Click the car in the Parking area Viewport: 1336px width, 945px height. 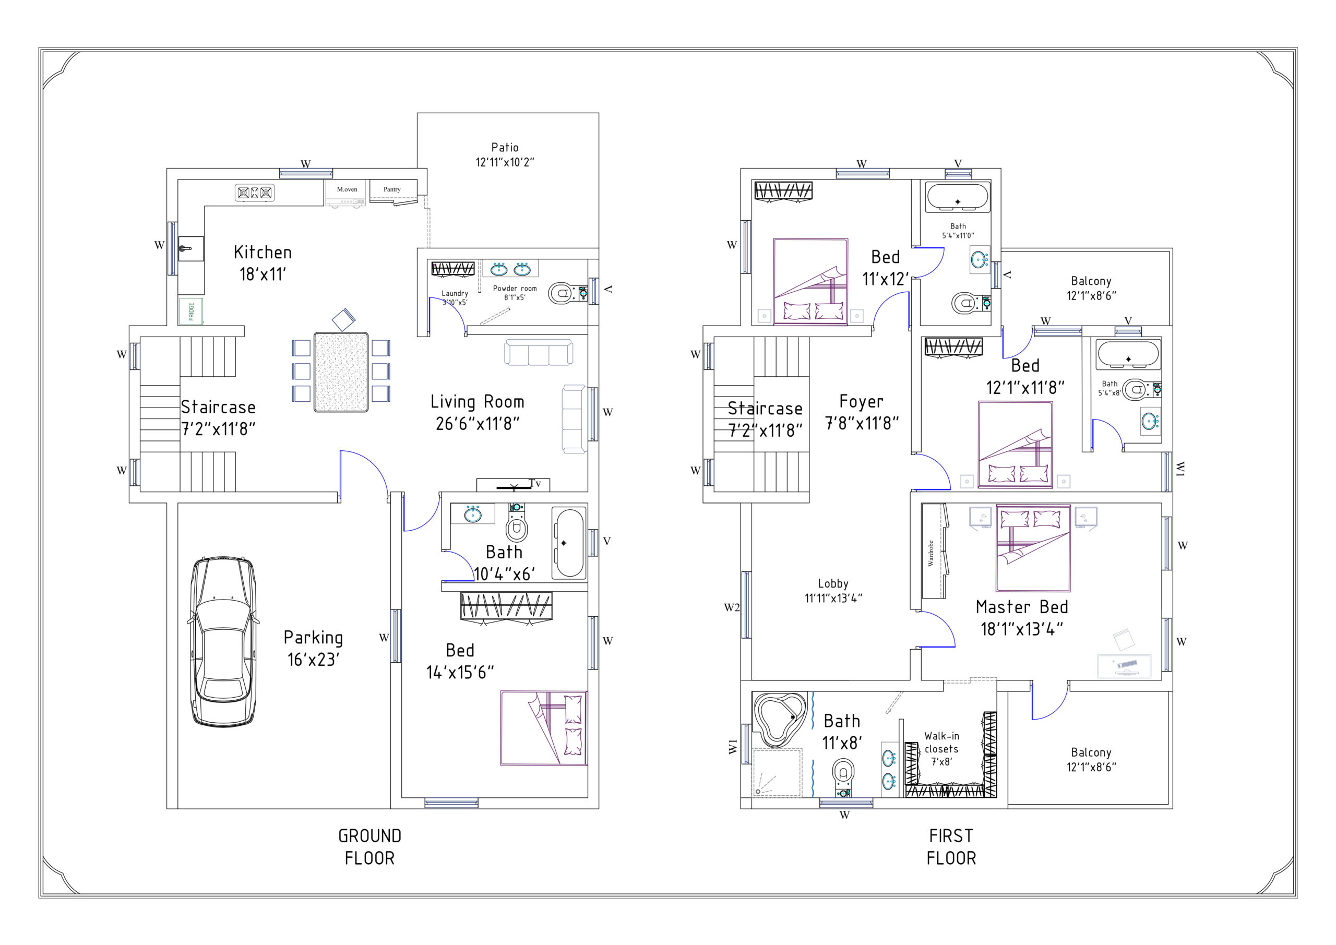pyautogui.click(x=223, y=641)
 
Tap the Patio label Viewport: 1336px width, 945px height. pyautogui.click(x=505, y=148)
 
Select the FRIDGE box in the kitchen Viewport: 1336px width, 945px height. pyautogui.click(x=191, y=312)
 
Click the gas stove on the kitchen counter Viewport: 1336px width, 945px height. pyautogui.click(x=254, y=193)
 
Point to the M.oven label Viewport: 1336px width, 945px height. pyautogui.click(x=347, y=189)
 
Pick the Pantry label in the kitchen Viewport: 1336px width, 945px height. pyautogui.click(x=392, y=189)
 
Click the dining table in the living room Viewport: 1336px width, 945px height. pyautogui.click(x=341, y=372)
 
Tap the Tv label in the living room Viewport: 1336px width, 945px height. pyautogui.click(x=535, y=483)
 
